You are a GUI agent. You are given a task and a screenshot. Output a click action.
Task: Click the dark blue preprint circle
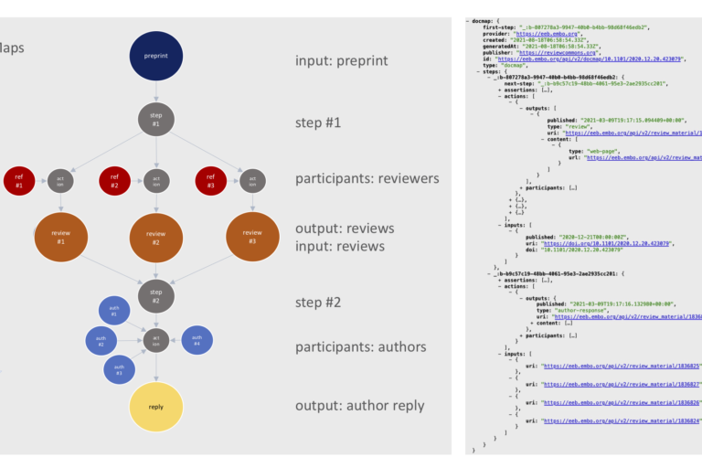click(x=156, y=55)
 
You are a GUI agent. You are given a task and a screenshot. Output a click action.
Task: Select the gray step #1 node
click(x=156, y=120)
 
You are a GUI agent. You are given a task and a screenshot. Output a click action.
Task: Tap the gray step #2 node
click(x=156, y=295)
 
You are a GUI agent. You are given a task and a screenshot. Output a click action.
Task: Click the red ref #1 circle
click(x=19, y=181)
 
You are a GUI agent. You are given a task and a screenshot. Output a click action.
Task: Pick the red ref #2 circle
click(x=115, y=181)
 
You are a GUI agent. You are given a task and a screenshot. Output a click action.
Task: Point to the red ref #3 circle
click(x=211, y=181)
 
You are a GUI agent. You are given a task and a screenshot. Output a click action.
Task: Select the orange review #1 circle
click(x=61, y=237)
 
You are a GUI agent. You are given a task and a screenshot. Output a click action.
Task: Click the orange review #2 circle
click(x=156, y=239)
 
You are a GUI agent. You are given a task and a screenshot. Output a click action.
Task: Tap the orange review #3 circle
click(x=252, y=237)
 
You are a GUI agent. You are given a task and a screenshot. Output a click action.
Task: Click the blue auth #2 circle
click(x=101, y=341)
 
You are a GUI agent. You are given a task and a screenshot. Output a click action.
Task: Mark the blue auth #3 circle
click(x=119, y=369)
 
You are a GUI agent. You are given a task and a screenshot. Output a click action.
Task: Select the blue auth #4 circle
click(x=197, y=340)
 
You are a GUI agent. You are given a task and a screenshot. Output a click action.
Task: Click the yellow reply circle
click(x=156, y=407)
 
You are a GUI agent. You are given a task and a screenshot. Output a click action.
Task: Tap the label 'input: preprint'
click(x=341, y=60)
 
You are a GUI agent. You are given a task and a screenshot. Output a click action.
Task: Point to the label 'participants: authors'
click(x=360, y=346)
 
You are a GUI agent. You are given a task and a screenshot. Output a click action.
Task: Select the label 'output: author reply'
click(x=359, y=406)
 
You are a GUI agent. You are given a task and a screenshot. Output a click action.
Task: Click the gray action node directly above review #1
click(x=61, y=181)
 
